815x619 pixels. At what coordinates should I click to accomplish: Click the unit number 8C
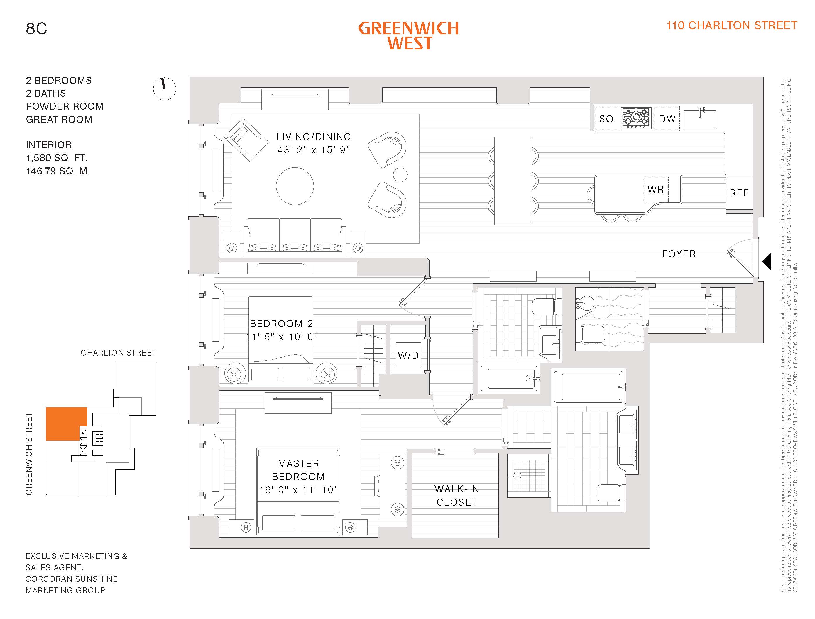click(x=36, y=29)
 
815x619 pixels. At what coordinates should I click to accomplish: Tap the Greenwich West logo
click(x=408, y=35)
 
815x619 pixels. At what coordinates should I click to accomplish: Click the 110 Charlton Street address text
click(x=731, y=25)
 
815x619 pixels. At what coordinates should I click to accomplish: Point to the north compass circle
click(x=165, y=89)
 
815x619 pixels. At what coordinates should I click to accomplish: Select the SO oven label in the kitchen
click(x=606, y=119)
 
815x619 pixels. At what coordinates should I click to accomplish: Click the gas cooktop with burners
click(x=636, y=118)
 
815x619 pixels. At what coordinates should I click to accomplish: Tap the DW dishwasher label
click(x=667, y=119)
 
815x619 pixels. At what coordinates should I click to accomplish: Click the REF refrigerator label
click(x=739, y=193)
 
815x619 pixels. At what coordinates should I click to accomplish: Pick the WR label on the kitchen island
click(x=655, y=189)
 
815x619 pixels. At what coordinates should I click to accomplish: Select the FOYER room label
click(x=679, y=254)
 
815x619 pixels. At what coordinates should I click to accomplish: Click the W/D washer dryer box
click(x=408, y=355)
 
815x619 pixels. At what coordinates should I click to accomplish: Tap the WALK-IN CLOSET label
click(x=456, y=496)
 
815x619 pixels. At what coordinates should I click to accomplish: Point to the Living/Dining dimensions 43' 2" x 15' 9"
click(x=313, y=150)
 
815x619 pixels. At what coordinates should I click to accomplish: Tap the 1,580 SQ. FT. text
click(x=56, y=158)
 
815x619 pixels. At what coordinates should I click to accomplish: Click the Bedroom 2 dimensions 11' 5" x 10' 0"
click(x=281, y=337)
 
